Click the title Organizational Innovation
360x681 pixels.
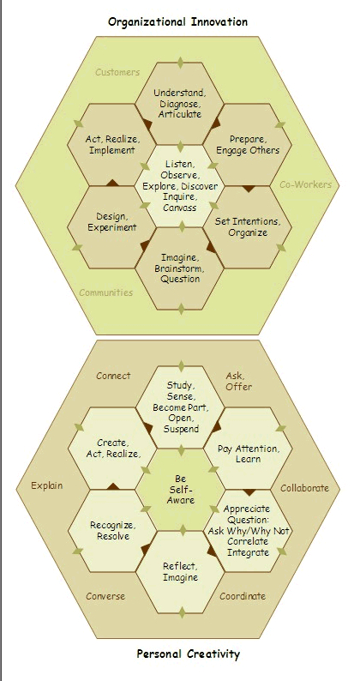177,21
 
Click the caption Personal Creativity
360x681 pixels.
188,654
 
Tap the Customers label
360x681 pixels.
117,72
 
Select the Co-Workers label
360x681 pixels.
305,184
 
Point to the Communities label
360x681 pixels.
106,292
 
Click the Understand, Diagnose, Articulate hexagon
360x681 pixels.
180,104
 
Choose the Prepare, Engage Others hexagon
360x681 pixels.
248,145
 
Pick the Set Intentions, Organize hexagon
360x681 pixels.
248,227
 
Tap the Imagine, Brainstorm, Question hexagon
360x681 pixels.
180,268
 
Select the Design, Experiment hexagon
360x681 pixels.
111,227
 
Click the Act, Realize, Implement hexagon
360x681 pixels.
111,145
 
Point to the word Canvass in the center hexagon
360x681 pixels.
180,208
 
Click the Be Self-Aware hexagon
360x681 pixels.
181,490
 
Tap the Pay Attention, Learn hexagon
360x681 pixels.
249,449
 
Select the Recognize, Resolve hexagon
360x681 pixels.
112,531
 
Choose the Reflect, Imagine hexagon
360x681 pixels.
181,572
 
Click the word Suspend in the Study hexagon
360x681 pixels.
181,429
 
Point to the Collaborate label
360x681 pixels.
304,488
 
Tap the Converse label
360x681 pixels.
105,596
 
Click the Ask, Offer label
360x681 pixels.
238,381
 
